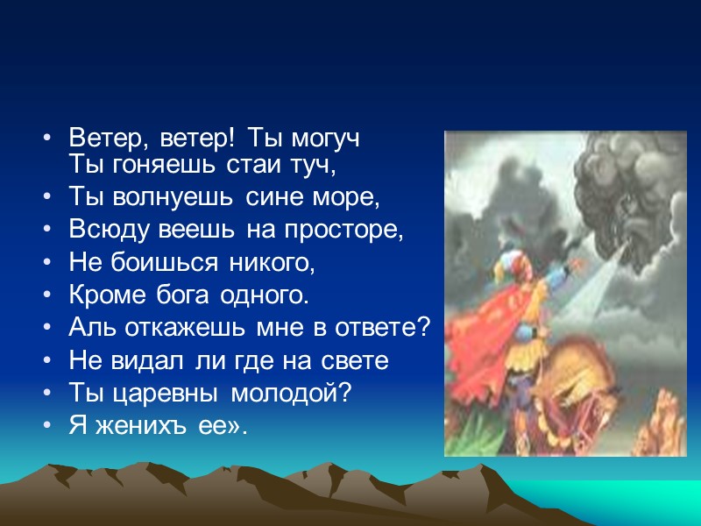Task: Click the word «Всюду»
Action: (x=103, y=231)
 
